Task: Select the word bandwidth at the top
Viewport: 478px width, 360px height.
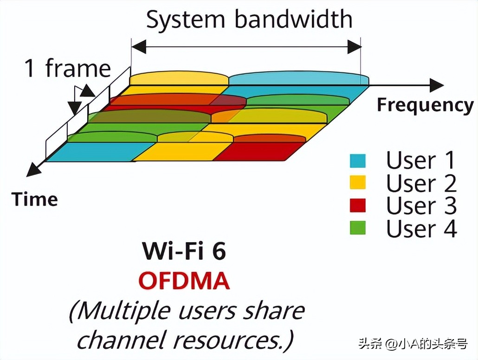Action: [293, 19]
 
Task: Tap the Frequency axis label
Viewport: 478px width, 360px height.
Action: [425, 105]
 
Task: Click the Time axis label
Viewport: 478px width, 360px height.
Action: [35, 199]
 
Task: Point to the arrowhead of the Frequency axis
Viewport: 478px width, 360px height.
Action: [436, 85]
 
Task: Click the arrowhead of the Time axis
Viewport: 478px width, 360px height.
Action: [33, 169]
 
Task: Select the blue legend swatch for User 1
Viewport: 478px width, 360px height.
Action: [357, 161]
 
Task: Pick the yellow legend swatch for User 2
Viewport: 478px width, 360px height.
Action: [357, 183]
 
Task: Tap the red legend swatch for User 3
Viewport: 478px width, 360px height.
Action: [357, 205]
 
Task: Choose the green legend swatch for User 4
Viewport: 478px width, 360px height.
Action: [357, 227]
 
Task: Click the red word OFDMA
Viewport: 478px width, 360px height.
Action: [184, 281]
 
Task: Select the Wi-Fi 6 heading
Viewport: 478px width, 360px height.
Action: [184, 251]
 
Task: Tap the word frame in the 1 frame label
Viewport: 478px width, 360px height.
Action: [78, 69]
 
